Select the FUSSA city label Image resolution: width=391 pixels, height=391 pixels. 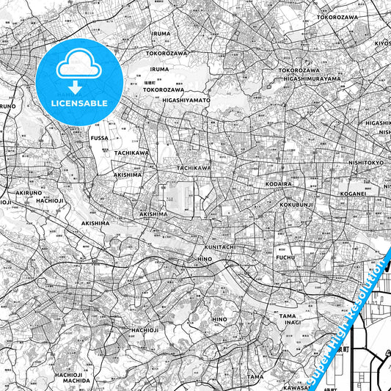point(100,136)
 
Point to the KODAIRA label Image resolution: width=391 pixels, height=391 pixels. point(291,185)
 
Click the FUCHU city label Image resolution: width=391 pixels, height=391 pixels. point(285,257)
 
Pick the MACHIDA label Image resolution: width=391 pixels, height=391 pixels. point(72,381)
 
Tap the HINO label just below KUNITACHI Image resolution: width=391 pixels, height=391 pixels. point(205,259)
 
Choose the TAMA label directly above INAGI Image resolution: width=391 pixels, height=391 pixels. point(288,315)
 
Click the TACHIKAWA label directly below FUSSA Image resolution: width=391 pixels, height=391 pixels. point(132,153)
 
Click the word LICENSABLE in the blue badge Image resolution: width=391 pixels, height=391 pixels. point(78,103)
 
